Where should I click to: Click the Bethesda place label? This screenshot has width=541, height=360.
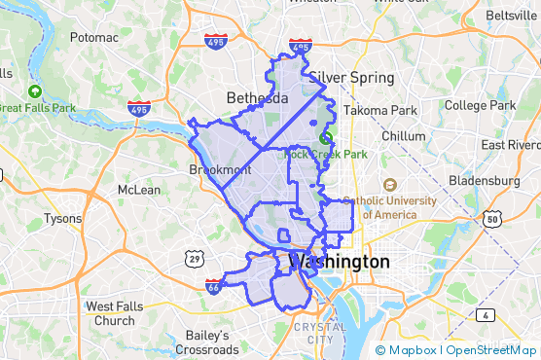tap(257, 98)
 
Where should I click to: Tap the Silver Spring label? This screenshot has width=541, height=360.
tap(351, 78)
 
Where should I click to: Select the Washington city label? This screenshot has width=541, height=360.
tap(340, 262)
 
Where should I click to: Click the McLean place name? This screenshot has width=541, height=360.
tap(138, 190)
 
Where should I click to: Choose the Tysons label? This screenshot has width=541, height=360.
tap(63, 219)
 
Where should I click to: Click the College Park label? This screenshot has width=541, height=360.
tap(481, 105)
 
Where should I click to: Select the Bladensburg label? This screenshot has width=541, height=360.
tap(485, 181)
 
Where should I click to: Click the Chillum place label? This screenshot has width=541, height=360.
tap(403, 136)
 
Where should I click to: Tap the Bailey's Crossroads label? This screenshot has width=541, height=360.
tap(207, 342)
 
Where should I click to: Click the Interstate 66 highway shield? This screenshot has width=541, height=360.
tap(214, 286)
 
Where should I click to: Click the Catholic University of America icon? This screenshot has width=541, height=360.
tap(389, 185)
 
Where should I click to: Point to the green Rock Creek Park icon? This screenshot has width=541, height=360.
tap(327, 138)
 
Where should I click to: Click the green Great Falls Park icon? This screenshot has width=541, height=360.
tap(35, 91)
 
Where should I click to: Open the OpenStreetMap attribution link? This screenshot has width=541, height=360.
tap(493, 350)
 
